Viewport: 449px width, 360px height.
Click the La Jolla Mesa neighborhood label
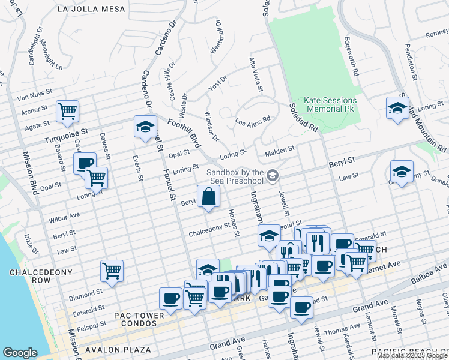click(92, 9)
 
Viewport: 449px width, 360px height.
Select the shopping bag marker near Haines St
click(208, 197)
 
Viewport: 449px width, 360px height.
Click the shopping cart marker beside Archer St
click(68, 110)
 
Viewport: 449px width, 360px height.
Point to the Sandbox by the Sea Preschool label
click(235, 176)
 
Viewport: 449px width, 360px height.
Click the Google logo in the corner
click(20, 353)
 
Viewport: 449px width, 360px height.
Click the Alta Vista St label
click(256, 76)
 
